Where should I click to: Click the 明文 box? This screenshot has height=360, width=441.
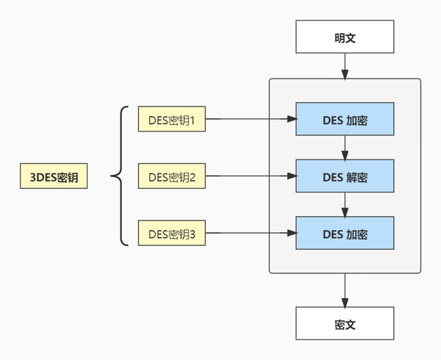coord(345,37)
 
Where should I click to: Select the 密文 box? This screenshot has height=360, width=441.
coord(345,323)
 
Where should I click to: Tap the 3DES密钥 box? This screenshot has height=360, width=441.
coord(54,176)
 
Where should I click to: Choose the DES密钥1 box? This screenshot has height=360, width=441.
coord(172,119)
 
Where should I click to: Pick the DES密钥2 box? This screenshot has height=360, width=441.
coord(172,176)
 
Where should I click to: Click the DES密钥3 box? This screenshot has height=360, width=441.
coord(172,233)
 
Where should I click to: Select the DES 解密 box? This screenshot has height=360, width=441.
coord(345,176)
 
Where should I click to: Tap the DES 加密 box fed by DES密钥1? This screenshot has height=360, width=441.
coord(345,119)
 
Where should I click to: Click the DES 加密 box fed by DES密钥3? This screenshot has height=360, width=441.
coord(345,233)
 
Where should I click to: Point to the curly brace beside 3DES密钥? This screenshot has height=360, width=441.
coord(121,176)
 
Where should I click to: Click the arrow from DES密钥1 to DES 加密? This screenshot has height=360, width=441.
coord(251,119)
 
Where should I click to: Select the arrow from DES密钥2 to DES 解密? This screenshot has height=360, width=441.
coord(251,176)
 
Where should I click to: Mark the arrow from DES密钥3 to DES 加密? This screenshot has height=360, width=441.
coord(251,233)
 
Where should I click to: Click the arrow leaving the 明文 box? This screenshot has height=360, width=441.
coord(345,66)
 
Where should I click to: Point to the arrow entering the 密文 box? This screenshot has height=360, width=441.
coord(345,290)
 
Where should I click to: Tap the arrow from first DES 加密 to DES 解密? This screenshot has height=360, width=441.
coord(345,148)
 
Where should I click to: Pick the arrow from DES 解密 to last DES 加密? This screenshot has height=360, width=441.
coord(345,204)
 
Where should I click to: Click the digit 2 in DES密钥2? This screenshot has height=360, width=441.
coord(193,177)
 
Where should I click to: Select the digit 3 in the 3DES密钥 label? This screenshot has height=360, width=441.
coord(33,177)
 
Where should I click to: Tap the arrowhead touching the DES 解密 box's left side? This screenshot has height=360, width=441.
coord(292,176)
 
